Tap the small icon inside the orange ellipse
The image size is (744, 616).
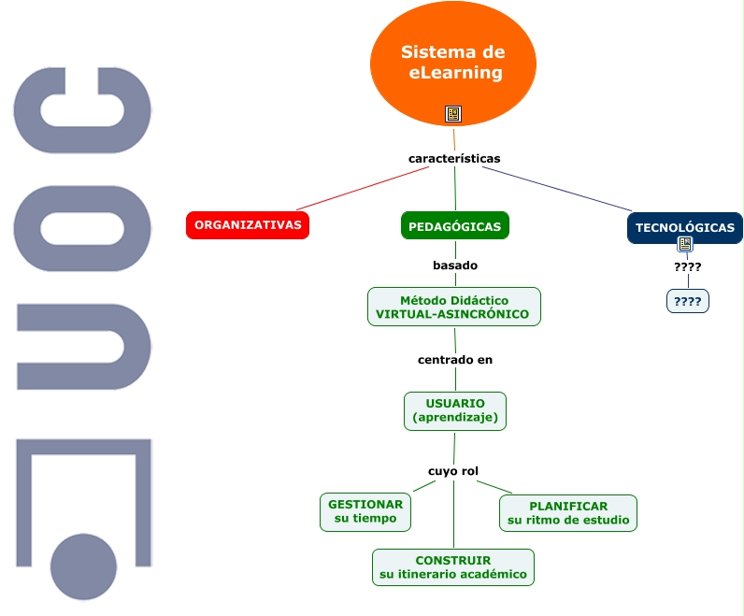click(453, 114)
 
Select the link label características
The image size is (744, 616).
click(454, 158)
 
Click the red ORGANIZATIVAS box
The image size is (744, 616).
click(248, 225)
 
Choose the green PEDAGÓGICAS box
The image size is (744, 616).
click(455, 226)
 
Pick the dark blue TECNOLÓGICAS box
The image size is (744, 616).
click(684, 227)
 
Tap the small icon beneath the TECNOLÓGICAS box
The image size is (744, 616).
click(685, 245)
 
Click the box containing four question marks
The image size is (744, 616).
click(688, 301)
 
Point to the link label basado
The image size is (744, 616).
click(455, 265)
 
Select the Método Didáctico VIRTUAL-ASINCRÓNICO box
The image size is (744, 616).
click(454, 307)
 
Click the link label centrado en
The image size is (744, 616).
click(455, 359)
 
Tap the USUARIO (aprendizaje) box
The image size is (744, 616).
click(455, 410)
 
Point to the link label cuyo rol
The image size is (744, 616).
click(453, 471)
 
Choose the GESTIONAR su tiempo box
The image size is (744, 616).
click(365, 511)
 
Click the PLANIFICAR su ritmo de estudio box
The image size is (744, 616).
click(568, 513)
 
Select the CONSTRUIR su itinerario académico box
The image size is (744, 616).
click(453, 567)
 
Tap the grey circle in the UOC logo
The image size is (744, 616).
click(83, 567)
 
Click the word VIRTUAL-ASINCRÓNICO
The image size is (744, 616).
click(454, 314)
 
